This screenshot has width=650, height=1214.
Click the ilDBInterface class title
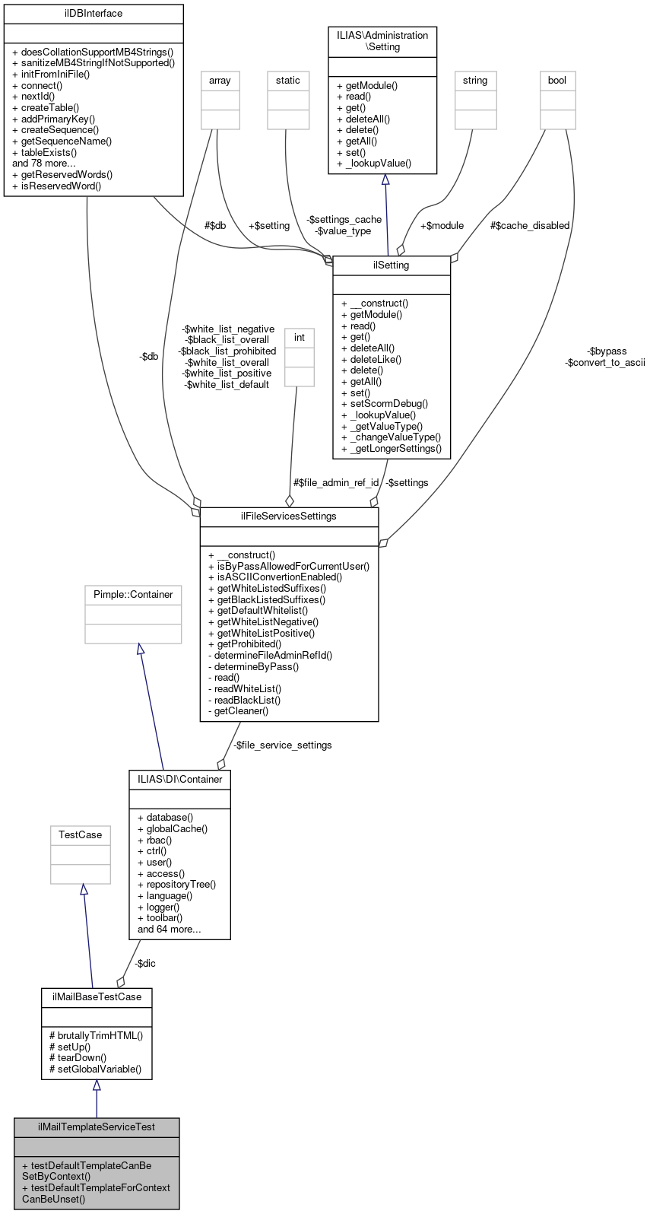(94, 14)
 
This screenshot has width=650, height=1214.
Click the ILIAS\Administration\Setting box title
(382, 41)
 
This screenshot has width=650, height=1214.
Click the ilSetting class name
(392, 265)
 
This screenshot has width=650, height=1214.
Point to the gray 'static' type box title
(288, 81)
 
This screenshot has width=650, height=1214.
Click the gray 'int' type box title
(300, 338)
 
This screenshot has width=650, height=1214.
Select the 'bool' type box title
(557, 81)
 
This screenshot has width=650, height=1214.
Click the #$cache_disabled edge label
(530, 226)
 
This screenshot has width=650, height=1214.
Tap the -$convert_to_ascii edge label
(605, 363)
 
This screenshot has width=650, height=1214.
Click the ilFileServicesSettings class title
(289, 516)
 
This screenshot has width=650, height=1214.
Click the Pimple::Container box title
(133, 595)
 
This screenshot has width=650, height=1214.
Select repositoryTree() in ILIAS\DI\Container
(181, 885)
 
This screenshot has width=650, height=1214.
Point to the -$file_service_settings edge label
(283, 745)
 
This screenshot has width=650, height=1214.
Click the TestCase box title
(81, 835)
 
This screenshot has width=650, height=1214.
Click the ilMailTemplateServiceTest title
(97, 1127)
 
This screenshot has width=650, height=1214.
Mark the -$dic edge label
(145, 964)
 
